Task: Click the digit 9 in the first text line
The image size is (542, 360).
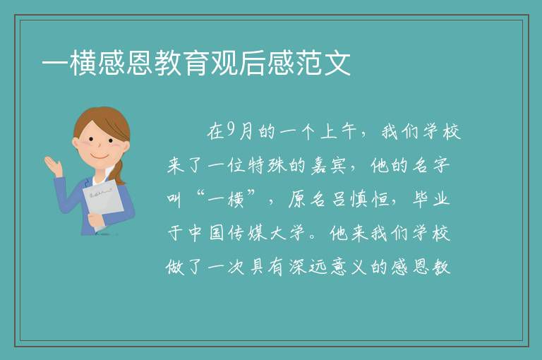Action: pyautogui.click(x=231, y=131)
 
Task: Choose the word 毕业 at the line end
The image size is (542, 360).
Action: pyautogui.click(x=431, y=200)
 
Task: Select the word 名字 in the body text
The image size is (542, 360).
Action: pyautogui.click(x=431, y=166)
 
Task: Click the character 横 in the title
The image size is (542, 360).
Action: pyautogui.click(x=83, y=64)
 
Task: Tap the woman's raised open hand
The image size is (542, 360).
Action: pyautogui.click(x=53, y=165)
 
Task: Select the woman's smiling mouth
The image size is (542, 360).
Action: pyautogui.click(x=100, y=157)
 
